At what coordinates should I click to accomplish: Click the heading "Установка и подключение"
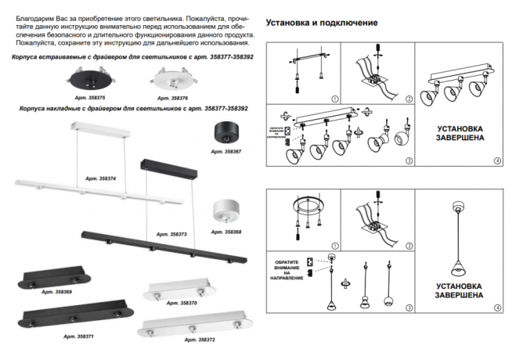point(322,23)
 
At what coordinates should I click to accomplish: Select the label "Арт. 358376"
point(172,98)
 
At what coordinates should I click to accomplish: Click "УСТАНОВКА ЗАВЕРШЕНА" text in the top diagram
point(459,132)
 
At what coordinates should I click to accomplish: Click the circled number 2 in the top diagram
point(409,99)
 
